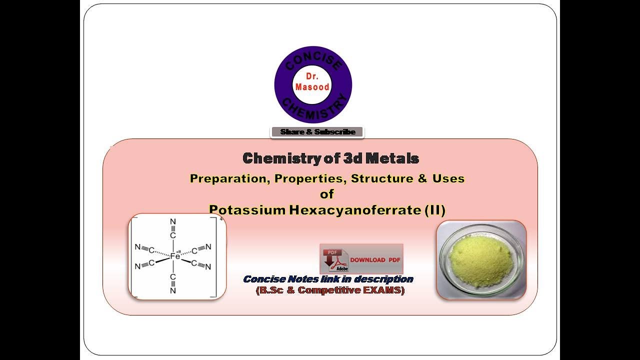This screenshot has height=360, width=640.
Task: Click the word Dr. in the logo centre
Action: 312,76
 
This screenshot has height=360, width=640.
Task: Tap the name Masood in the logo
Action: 312,86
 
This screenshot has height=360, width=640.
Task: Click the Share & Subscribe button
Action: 317,132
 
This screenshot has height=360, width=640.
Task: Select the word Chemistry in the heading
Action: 277,158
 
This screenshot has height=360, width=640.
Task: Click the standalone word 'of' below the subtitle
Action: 327,194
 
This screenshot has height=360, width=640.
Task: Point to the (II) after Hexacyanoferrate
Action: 434,210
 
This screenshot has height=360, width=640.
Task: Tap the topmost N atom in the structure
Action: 173,221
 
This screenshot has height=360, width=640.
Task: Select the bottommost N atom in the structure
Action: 173,290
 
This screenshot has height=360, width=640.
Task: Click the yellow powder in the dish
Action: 480,261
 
